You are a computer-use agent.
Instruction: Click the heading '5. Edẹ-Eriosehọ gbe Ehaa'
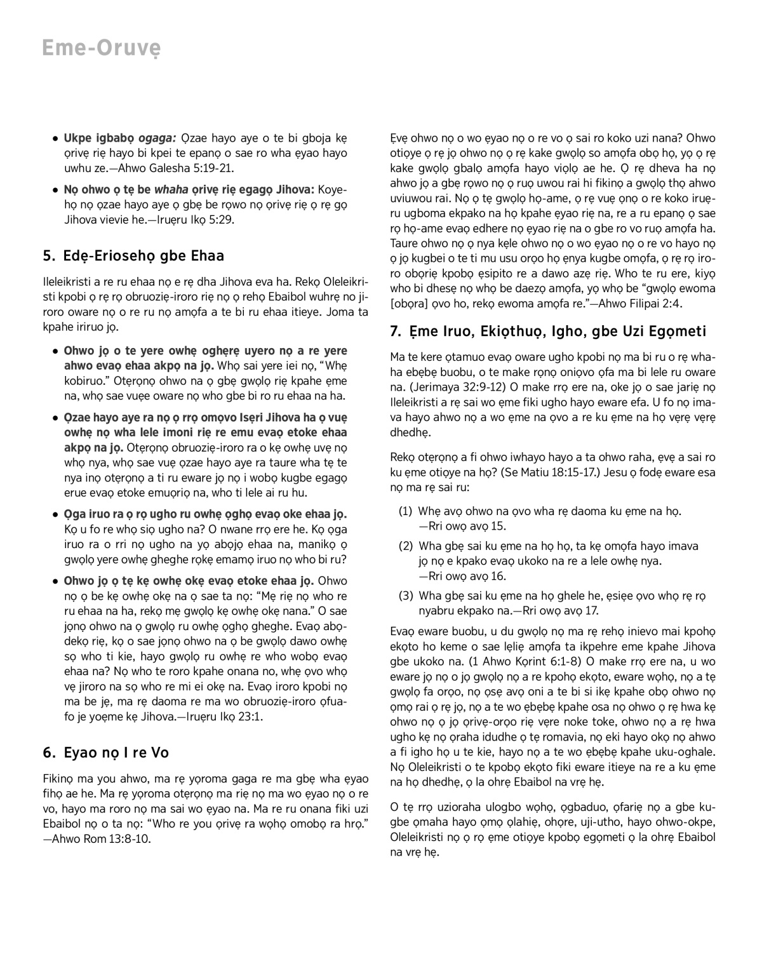133,256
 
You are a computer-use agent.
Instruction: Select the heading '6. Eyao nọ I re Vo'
105,753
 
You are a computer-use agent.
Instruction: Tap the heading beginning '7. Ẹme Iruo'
547,331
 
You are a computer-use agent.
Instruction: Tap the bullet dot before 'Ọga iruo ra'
57,514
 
